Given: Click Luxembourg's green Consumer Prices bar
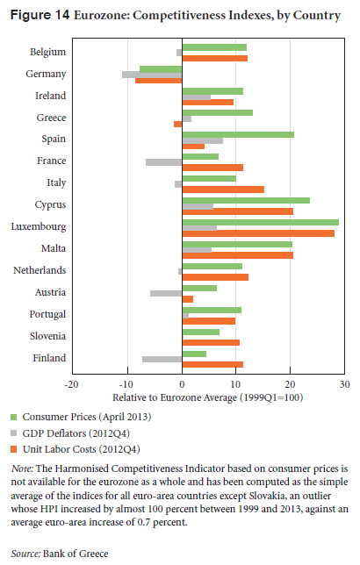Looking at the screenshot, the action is (261, 222).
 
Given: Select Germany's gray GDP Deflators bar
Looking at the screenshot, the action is (152, 75).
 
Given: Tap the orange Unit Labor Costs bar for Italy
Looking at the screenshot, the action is (223, 190).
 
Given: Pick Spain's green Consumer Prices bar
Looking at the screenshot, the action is (238, 135).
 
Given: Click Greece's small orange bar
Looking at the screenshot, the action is (178, 124).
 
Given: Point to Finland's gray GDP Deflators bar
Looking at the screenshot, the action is (162, 359).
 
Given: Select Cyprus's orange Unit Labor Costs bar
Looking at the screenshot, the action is (238, 211).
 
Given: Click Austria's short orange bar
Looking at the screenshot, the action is (188, 299).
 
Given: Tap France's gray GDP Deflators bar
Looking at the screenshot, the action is (164, 162).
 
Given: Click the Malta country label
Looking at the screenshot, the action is (54, 248).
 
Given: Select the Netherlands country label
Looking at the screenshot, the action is (40, 270).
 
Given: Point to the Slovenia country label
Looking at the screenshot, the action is (48, 336).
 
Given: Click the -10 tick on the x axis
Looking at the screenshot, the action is (126, 384).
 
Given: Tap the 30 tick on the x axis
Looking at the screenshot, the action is (344, 384).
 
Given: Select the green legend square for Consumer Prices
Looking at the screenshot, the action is (14, 418).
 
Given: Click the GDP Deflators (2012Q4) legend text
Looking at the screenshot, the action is (76, 433).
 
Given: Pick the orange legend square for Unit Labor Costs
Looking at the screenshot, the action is (14, 449).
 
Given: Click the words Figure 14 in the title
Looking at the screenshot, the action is (40, 15).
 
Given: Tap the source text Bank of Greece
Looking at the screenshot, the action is (76, 554).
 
